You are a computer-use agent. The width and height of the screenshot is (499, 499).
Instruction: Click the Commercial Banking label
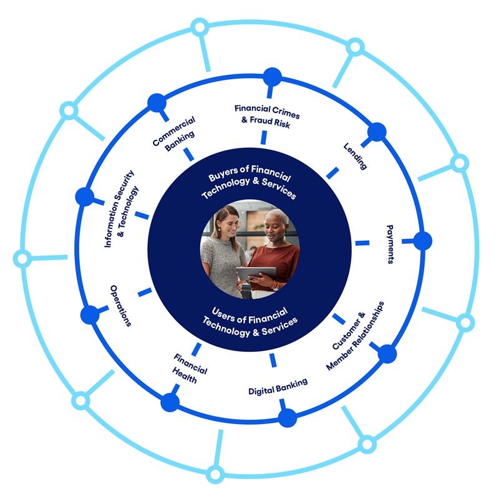pos(174,131)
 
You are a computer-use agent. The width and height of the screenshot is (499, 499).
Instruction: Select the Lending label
pos(354,156)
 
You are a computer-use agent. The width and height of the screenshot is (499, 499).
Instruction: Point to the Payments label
pos(390,245)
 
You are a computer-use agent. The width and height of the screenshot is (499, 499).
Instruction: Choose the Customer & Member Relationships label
pos(355,336)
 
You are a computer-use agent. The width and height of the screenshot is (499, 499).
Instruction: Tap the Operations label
pos(121,305)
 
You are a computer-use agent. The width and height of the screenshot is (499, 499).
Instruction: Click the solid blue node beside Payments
pos(422,241)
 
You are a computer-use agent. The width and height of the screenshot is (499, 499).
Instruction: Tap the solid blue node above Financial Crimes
pos(272,77)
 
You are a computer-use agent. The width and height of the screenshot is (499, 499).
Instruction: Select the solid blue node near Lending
pos(376,132)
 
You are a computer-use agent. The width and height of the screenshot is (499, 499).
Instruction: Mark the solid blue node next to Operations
pos(90,315)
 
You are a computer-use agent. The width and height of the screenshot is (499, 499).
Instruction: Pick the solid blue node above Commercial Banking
pos(157,102)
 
